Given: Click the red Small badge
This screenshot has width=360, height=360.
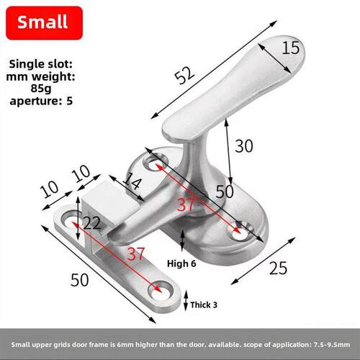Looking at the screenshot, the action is click(45, 23).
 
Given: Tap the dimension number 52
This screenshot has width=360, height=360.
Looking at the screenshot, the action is click(184, 76).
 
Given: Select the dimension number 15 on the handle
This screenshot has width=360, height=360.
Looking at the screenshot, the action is click(291, 48).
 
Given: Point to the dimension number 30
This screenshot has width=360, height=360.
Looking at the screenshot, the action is click(244, 146).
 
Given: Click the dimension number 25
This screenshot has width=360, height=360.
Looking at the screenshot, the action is click(278, 268).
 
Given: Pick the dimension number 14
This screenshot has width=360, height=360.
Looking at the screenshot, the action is click(132, 181).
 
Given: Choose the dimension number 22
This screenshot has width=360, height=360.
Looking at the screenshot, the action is click(92, 223).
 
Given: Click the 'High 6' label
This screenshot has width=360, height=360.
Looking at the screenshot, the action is click(181, 264).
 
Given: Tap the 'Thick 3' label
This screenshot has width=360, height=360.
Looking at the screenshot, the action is click(204, 305).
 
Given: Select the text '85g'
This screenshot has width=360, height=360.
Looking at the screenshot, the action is click(41, 88).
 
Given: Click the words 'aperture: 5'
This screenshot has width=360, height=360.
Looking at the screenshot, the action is click(41, 101).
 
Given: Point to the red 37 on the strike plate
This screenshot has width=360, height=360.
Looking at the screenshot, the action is click(136, 254).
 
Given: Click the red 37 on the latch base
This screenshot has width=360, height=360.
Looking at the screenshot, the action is click(186, 205).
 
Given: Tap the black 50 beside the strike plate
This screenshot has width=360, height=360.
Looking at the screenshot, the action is click(79, 280).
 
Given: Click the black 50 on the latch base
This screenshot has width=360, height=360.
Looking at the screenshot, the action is click(225, 192).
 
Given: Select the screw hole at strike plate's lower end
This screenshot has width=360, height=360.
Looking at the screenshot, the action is click(161, 291).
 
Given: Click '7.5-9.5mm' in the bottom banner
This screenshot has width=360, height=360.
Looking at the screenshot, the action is click(332, 345).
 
